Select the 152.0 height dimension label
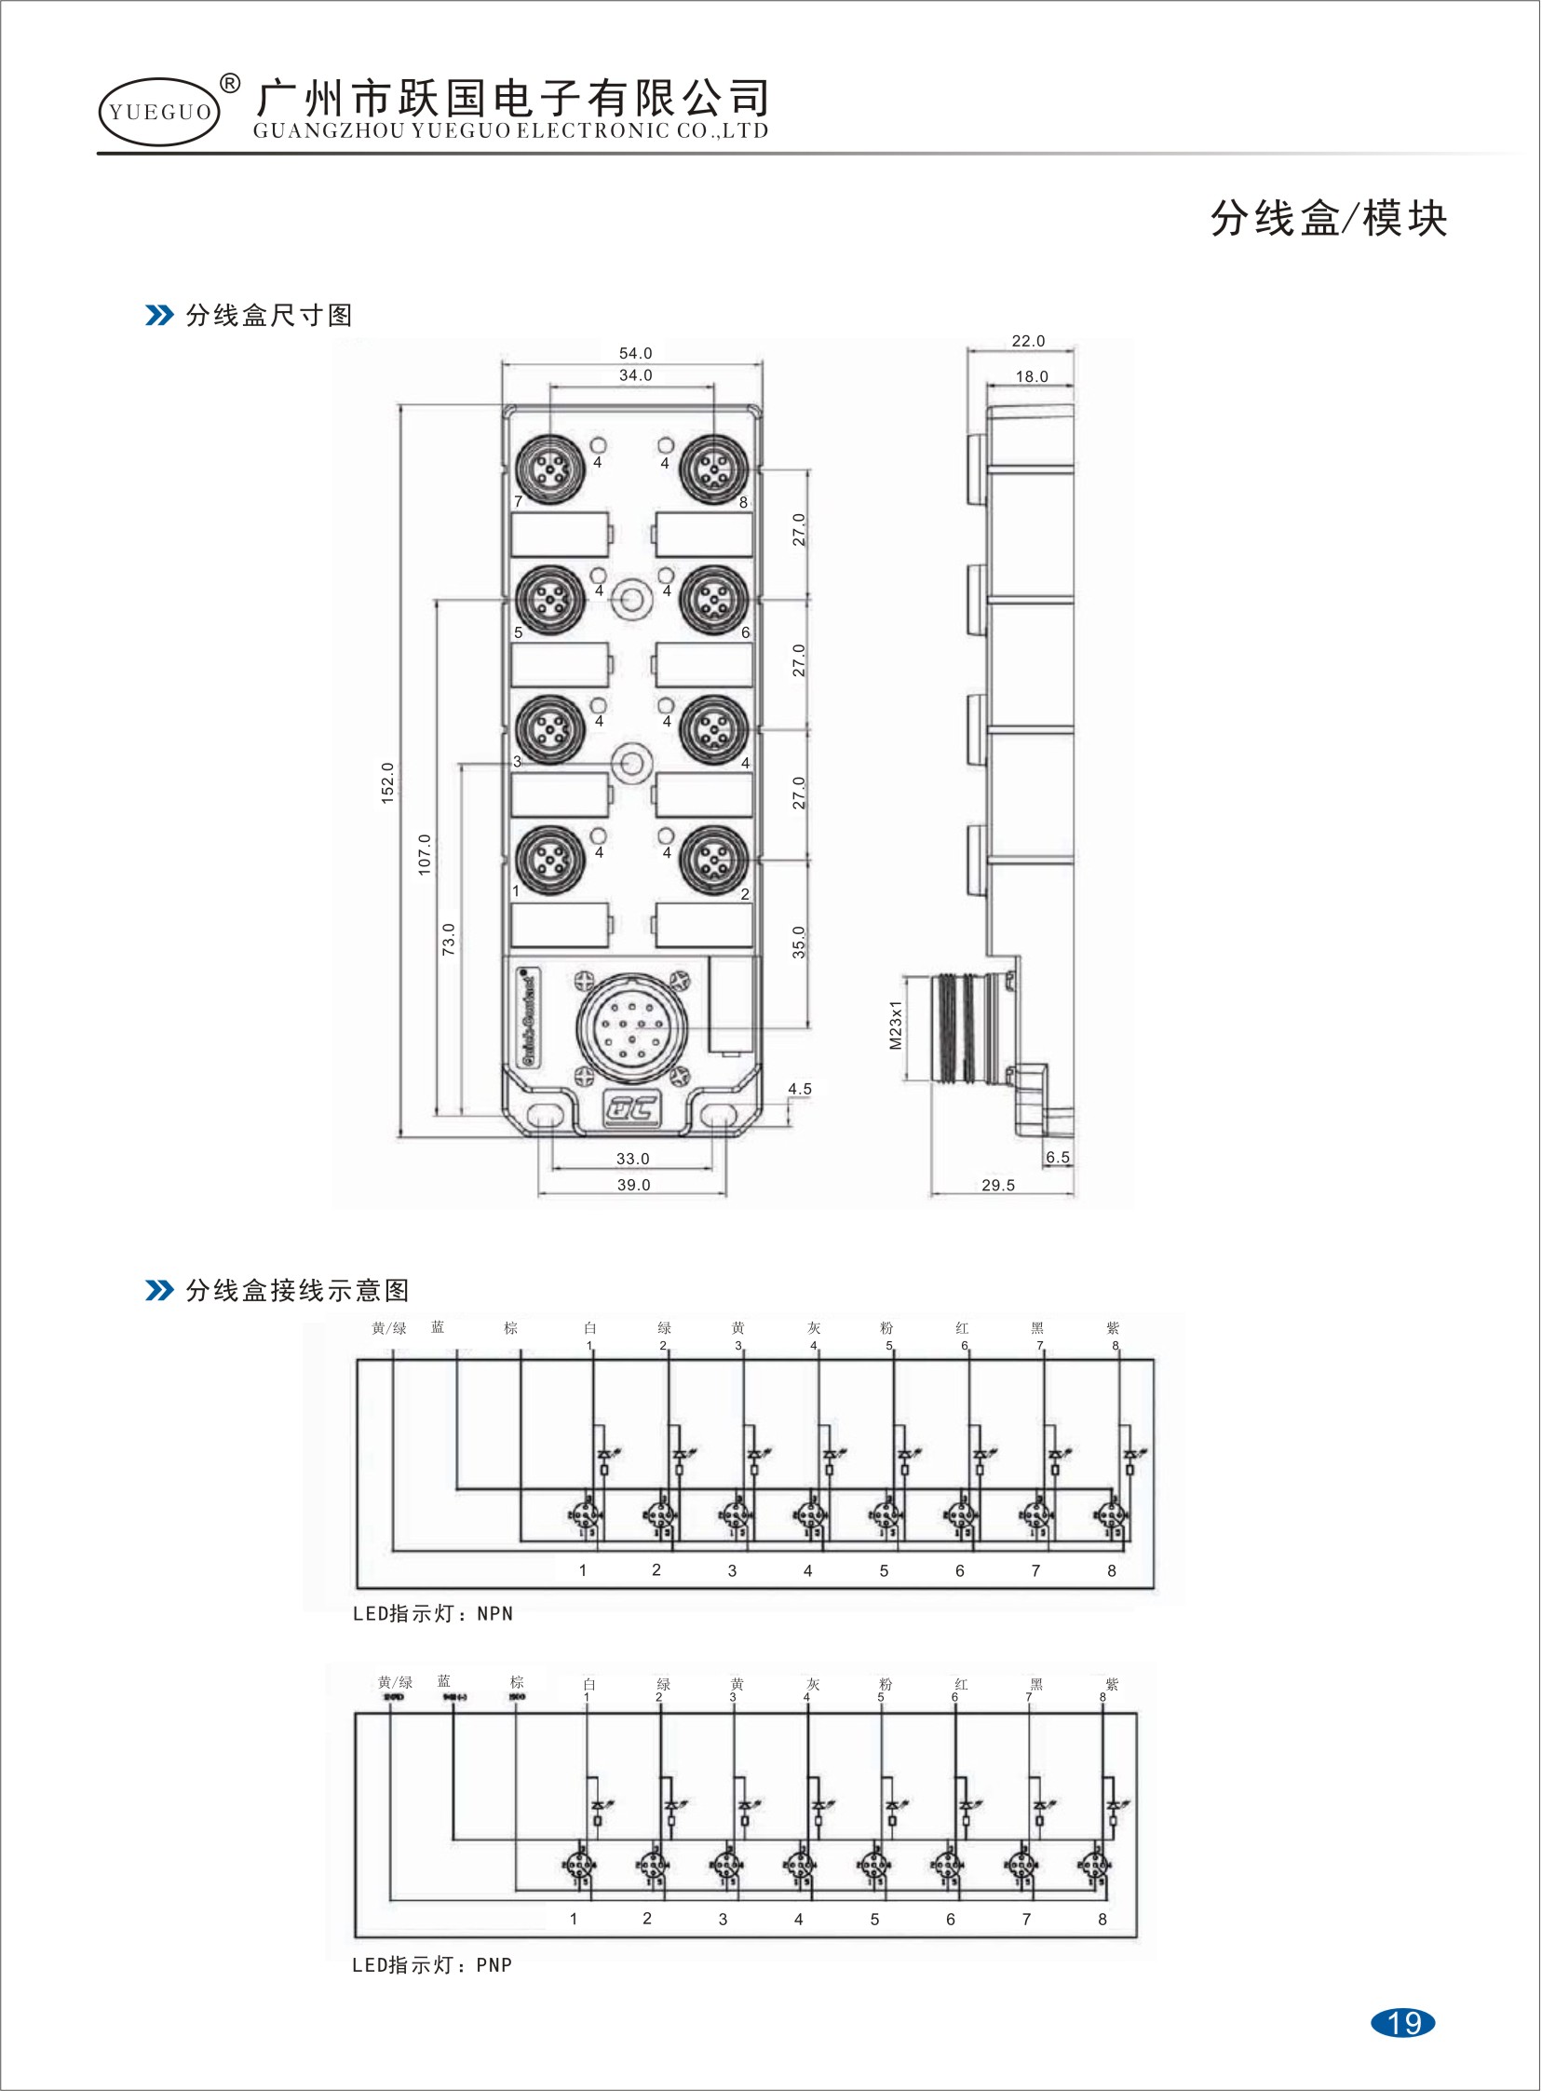click(x=388, y=782)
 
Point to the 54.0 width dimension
click(x=635, y=354)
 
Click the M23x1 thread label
click(x=896, y=1025)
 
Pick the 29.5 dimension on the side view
click(x=998, y=1185)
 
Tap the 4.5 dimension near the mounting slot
click(x=800, y=1089)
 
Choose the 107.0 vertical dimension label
click(x=425, y=854)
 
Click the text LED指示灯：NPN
click(x=433, y=1614)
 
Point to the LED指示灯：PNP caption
click(x=432, y=1965)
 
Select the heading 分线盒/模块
click(x=1328, y=219)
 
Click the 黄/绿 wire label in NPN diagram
click(x=389, y=1328)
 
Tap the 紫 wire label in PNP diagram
click(x=1112, y=1685)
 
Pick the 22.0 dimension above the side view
click(x=1028, y=341)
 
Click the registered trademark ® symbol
click(x=230, y=83)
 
